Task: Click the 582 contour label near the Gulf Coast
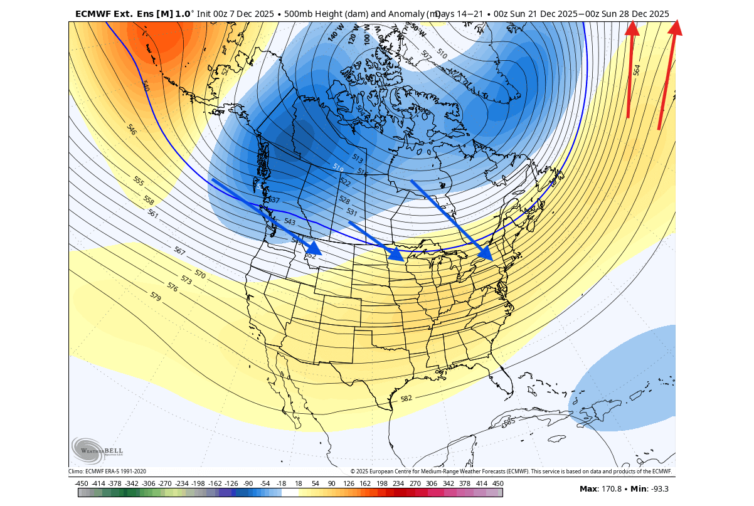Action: [406, 398]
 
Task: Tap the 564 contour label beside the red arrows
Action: [637, 70]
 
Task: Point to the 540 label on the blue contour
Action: [146, 86]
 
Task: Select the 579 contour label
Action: [155, 297]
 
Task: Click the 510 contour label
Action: [442, 55]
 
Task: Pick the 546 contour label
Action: [131, 130]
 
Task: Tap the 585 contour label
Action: [509, 421]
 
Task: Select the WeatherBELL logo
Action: [97, 450]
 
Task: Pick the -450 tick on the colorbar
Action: [81, 483]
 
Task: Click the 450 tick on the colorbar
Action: [497, 483]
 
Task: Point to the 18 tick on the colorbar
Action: [298, 483]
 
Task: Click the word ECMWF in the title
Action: [93, 13]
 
